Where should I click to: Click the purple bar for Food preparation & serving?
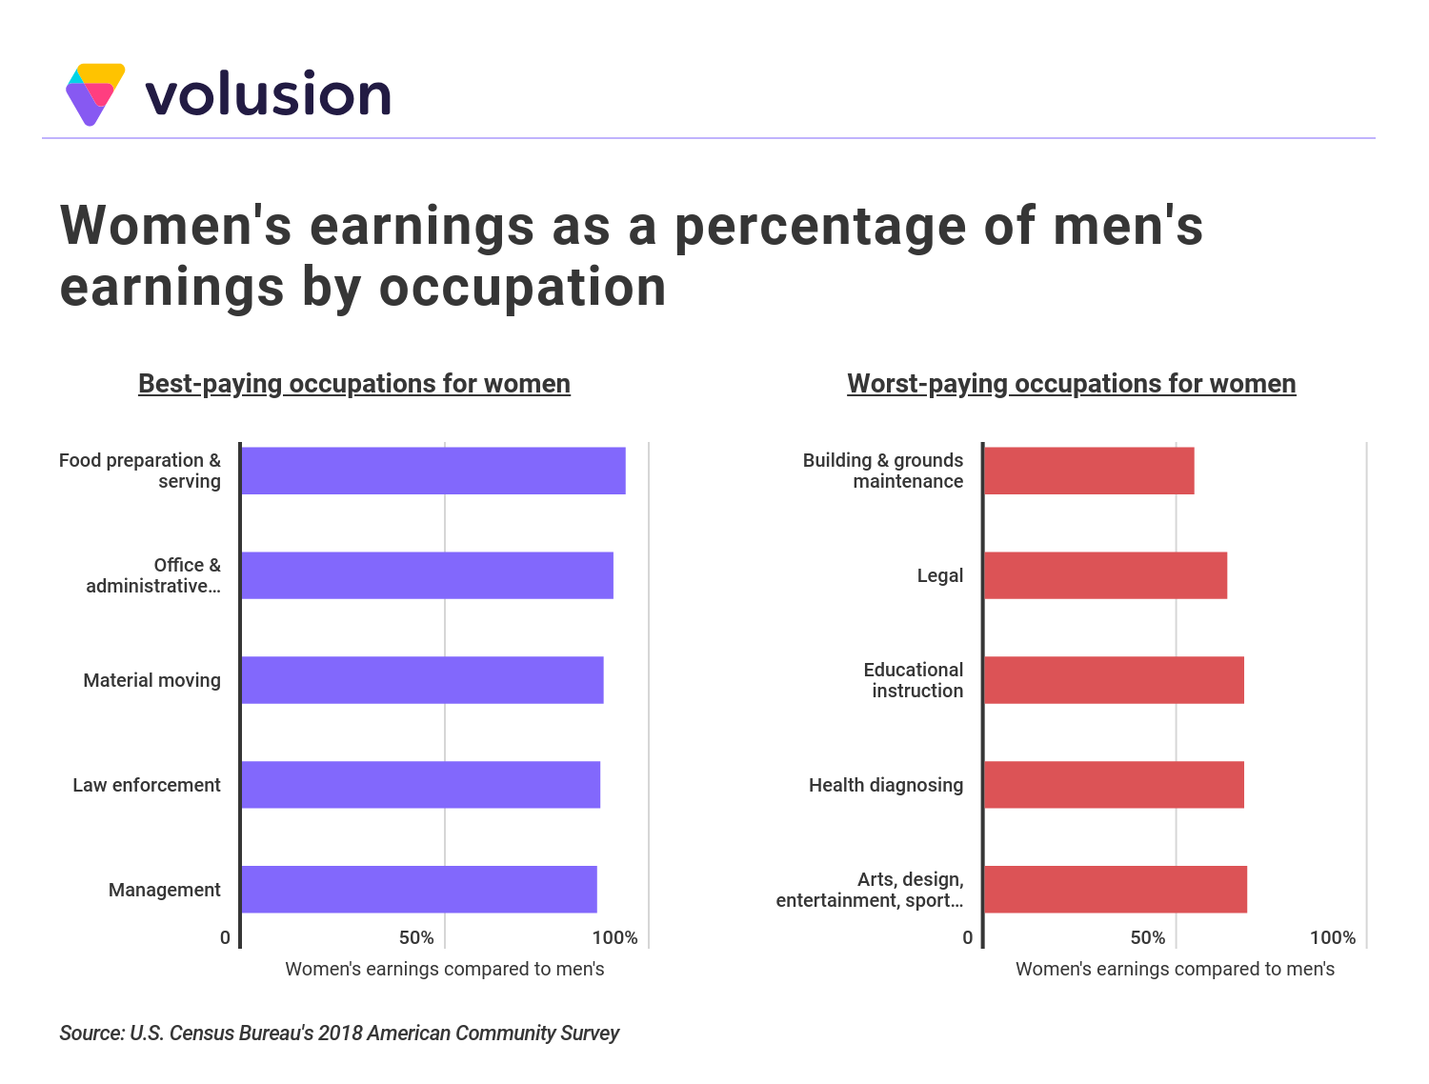pos(433,471)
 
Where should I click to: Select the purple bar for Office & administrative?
pos(427,575)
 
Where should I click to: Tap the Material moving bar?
pos(422,680)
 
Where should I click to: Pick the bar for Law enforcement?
pos(420,785)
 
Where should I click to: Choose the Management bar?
pos(419,890)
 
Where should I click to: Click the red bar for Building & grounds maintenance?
pos(1089,471)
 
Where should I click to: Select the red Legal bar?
pos(1105,575)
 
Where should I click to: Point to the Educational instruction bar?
pos(1114,680)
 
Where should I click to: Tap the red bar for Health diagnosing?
pos(1114,785)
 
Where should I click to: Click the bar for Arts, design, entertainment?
pos(1116,890)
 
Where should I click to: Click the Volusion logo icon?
pos(95,93)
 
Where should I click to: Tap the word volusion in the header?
pos(268,94)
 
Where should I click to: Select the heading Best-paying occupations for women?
pos(354,383)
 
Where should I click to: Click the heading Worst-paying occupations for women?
pos(1072,383)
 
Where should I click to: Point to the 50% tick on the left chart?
pos(416,937)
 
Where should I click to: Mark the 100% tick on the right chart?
pos(1332,937)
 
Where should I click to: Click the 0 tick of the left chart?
pos(225,937)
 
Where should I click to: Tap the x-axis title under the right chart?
pos(1175,969)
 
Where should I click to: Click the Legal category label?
pos(939,575)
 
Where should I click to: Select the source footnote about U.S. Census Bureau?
pos(339,1033)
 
